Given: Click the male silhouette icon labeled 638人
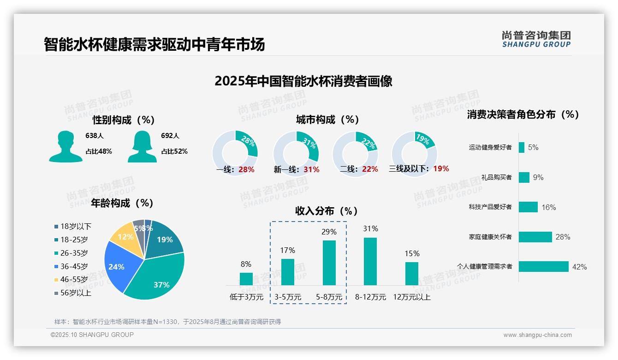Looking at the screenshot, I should click(x=66, y=146).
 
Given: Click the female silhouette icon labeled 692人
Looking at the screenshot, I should click(x=143, y=146).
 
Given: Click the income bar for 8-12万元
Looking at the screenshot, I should click(x=370, y=261).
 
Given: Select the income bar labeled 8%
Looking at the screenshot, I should click(x=246, y=279).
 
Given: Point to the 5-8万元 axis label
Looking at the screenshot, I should click(x=329, y=297).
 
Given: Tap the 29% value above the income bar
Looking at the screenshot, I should click(x=329, y=232).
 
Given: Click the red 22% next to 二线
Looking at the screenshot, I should click(x=370, y=169).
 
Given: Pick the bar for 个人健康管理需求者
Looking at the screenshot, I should click(x=543, y=266).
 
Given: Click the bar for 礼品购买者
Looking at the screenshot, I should click(x=524, y=177).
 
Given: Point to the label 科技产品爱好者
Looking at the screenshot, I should click(x=490, y=207).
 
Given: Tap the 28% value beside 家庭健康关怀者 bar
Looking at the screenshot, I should click(x=563, y=237).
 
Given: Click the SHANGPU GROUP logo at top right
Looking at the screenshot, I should click(x=536, y=39).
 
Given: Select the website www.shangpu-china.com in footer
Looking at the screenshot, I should click(x=537, y=335).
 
